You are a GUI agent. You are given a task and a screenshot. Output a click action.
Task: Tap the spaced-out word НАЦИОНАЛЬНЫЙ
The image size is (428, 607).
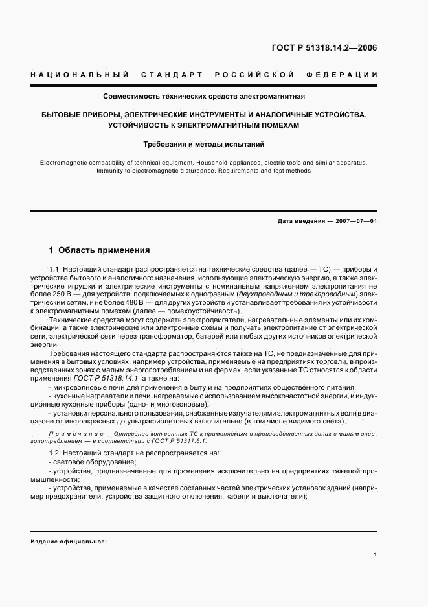tap(80, 75)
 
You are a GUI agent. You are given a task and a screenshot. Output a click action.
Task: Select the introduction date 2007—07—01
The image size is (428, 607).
tap(355, 221)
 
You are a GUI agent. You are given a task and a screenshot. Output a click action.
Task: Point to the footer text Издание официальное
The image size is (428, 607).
tap(67, 542)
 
